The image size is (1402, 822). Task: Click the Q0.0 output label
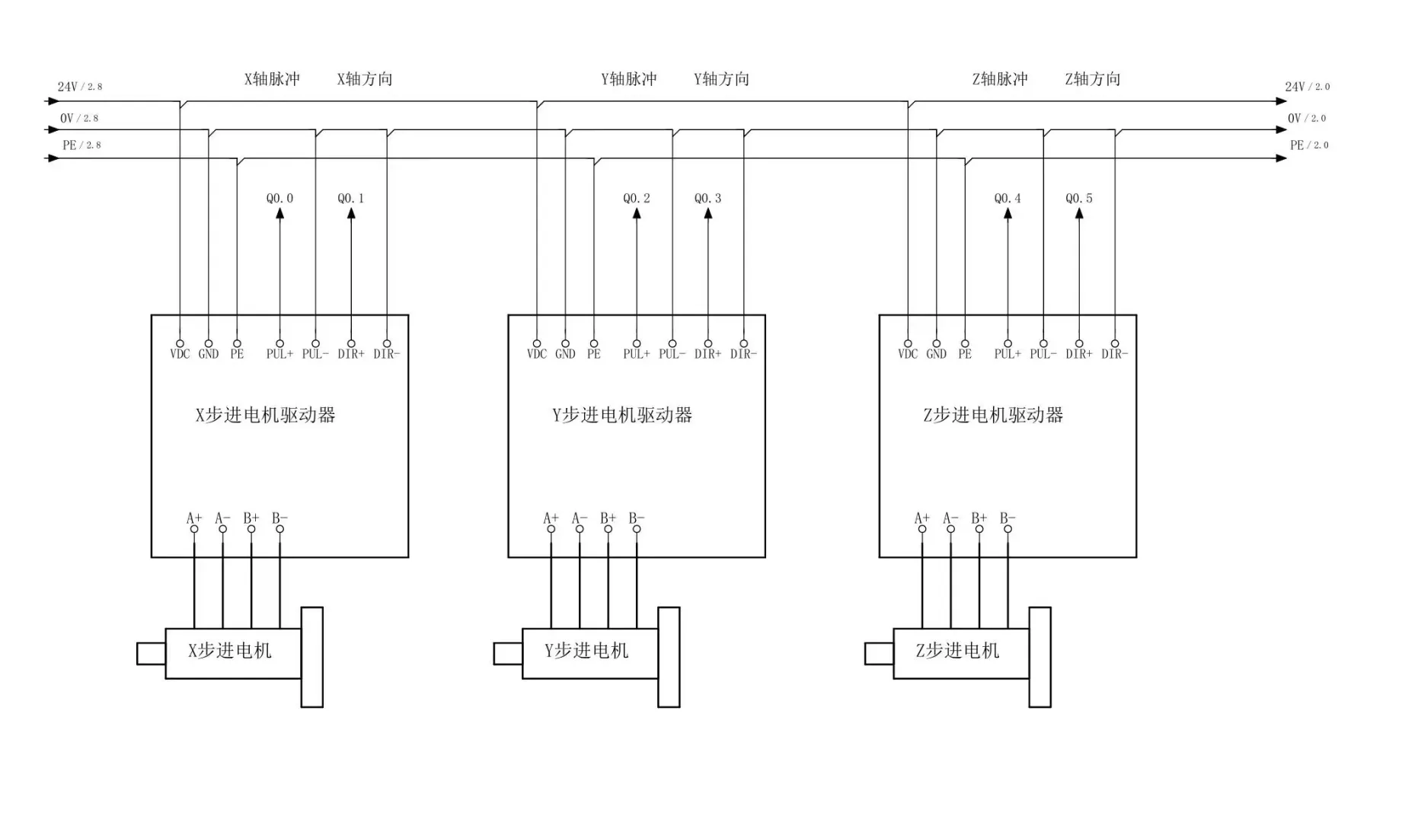[279, 199]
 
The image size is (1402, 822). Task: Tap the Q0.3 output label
[707, 199]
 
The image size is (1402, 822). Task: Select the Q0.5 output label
[1078, 199]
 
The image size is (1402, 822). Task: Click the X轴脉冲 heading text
[272, 79]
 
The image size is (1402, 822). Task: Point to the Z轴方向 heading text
[1092, 79]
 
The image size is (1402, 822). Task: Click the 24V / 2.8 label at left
[79, 87]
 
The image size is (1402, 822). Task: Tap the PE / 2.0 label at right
[1308, 145]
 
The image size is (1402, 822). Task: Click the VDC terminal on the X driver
[180, 345]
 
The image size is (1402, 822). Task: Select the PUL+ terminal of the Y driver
[637, 345]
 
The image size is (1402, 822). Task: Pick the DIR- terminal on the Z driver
[1115, 345]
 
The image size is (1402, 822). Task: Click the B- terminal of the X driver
[279, 528]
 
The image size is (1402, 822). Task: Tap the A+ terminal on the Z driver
[922, 528]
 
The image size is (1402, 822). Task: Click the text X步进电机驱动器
[265, 416]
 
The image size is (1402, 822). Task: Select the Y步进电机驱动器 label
[622, 416]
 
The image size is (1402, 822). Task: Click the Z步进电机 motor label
[957, 651]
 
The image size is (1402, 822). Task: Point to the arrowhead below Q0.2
[637, 214]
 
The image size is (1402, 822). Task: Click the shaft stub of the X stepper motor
[151, 654]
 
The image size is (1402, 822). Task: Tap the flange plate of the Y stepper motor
[669, 657]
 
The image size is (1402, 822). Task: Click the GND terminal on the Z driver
[937, 345]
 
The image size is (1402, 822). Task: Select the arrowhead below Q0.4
[1008, 214]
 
